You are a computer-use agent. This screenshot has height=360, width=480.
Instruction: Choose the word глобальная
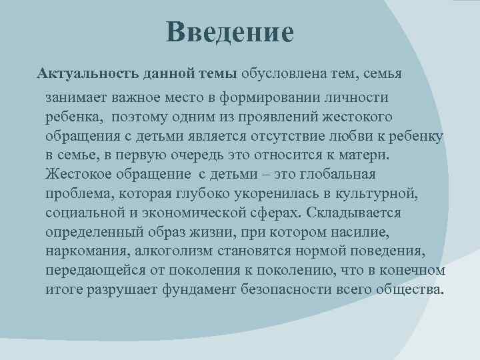338,175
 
